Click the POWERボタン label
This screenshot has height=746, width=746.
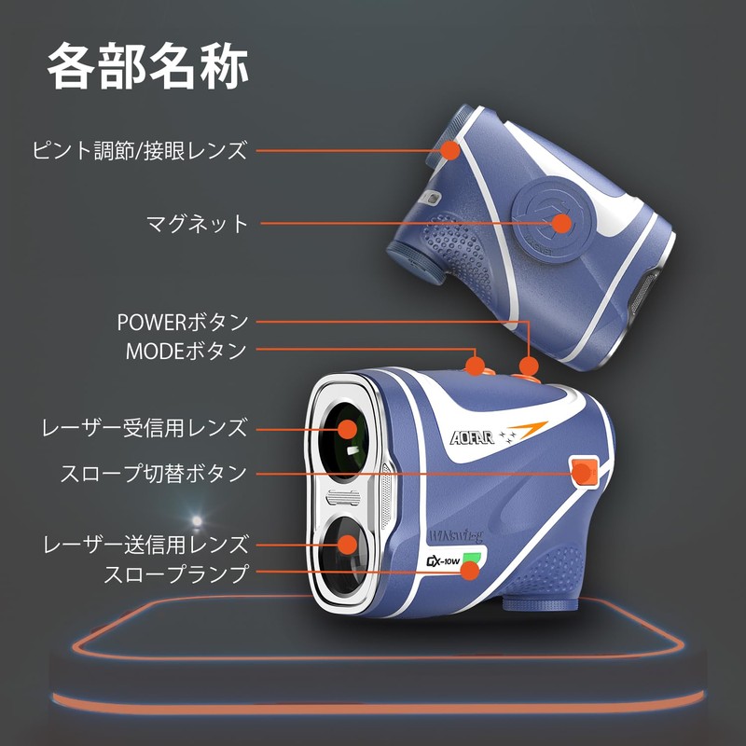(x=183, y=323)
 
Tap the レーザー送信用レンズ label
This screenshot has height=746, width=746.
(x=146, y=544)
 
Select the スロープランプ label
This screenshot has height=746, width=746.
(x=176, y=573)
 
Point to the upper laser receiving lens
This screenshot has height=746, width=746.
(x=347, y=429)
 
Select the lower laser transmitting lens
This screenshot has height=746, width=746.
(x=346, y=545)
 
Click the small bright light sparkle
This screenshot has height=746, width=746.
(x=196, y=520)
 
